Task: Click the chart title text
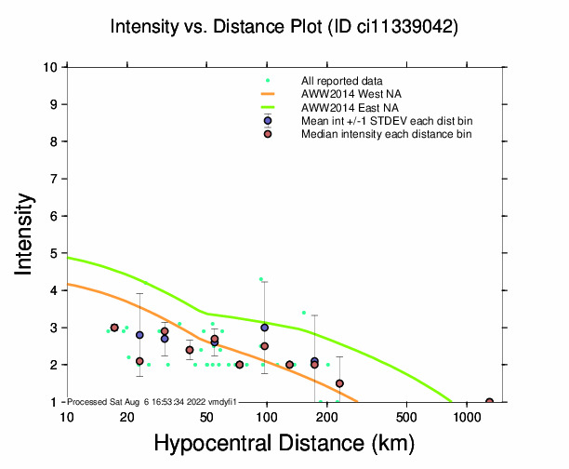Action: [x=284, y=27]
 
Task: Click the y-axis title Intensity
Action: [x=27, y=234]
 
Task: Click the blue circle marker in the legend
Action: [x=268, y=121]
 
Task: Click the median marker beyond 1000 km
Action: [x=490, y=402]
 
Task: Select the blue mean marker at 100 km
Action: [x=265, y=328]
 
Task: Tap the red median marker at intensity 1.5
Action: [x=339, y=383]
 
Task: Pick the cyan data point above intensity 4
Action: [x=261, y=278]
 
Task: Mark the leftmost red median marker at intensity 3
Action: [x=114, y=328]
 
